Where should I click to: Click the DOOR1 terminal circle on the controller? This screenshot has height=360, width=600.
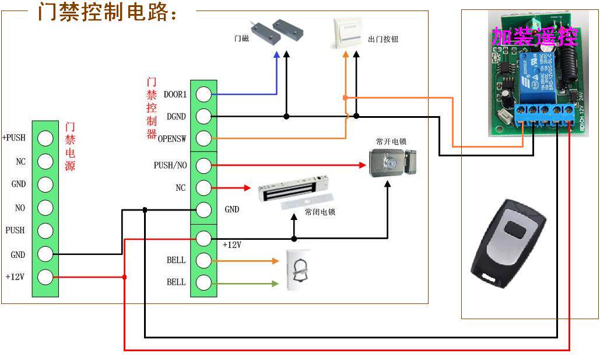203,94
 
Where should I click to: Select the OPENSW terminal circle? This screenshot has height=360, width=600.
203,139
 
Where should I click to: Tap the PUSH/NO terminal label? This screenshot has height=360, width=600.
170,166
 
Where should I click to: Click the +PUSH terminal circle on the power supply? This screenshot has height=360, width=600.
45,138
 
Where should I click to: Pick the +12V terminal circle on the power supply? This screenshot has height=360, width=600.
45,277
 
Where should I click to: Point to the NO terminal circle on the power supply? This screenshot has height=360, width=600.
45,207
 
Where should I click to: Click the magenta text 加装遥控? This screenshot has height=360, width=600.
534,37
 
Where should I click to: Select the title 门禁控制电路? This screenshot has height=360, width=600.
108,12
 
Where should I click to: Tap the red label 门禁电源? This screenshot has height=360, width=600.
71,146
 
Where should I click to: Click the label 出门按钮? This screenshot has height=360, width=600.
384,39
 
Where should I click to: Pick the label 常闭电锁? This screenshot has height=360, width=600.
320,212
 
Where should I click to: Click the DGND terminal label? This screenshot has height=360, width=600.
176,117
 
